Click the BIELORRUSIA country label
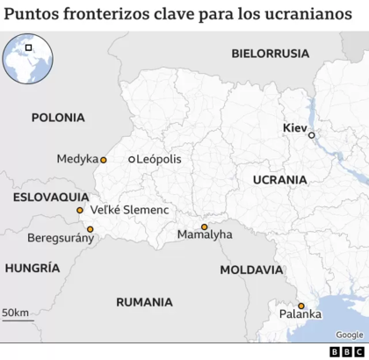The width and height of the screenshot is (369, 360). (x=270, y=53)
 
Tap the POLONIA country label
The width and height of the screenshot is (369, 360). (x=57, y=117)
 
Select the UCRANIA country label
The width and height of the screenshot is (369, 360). (x=279, y=179)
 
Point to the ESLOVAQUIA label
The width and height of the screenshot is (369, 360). (x=51, y=197)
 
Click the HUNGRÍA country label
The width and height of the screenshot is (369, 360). (x=33, y=268)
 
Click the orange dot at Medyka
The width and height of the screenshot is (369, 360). (x=103, y=160)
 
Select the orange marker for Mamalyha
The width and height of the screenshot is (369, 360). (x=204, y=227)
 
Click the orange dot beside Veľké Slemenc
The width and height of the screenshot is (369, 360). (x=80, y=211)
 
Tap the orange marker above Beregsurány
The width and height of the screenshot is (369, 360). (x=90, y=229)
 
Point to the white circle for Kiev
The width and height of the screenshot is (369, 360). (x=311, y=134)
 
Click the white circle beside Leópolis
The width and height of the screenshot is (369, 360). (x=131, y=160)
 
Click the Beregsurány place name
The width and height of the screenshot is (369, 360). (x=59, y=238)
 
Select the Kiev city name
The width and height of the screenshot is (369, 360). (x=294, y=128)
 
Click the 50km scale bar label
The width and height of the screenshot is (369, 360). (x=15, y=313)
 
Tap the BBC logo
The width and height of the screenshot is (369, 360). (x=347, y=351)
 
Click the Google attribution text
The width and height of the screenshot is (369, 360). (x=349, y=334)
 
